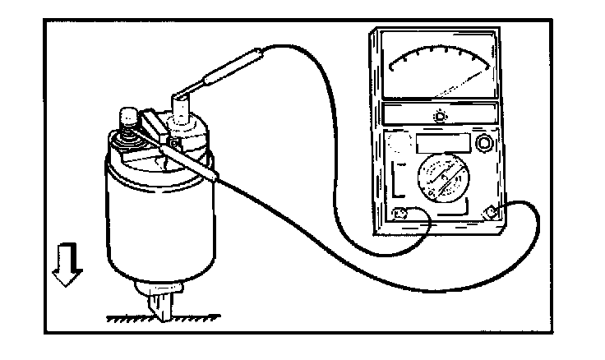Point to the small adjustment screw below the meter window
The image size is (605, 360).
pos(441,117)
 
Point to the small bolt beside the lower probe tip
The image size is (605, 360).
pos(174,145)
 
